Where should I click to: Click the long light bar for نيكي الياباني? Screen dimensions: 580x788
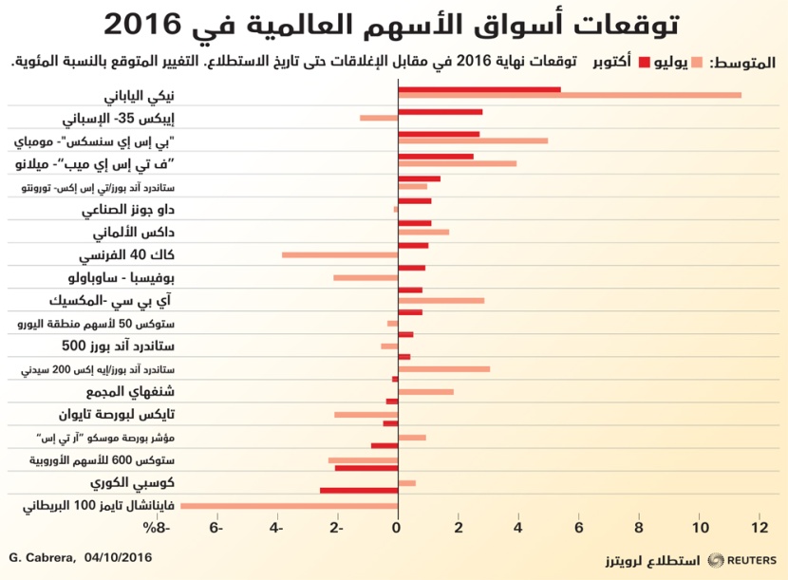[x=570, y=95]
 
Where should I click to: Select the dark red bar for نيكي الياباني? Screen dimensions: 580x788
[x=478, y=89]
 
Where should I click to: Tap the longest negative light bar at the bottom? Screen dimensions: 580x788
[x=289, y=505]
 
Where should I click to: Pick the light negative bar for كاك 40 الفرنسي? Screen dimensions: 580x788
[x=340, y=254]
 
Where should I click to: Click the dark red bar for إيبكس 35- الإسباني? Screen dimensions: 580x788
[x=440, y=112]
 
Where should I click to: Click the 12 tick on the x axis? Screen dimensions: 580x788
[x=760, y=527]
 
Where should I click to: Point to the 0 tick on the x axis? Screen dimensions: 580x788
[x=398, y=527]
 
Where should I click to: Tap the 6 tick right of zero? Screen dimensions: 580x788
[x=579, y=527]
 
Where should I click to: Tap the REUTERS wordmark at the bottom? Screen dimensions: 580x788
[x=750, y=560]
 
